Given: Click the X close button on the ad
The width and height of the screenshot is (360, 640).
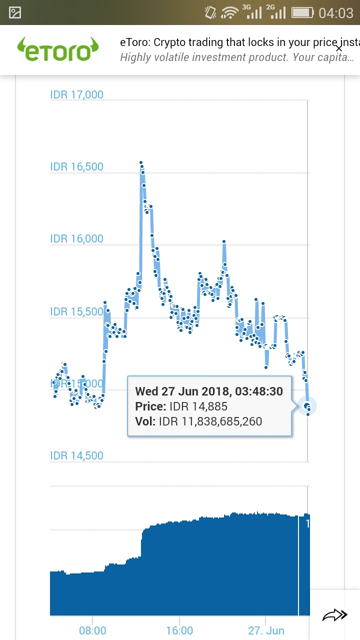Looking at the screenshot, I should click(339, 48).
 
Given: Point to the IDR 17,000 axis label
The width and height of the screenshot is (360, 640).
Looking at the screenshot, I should click(76, 94).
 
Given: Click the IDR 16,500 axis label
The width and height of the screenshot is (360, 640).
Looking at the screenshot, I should click(76, 166).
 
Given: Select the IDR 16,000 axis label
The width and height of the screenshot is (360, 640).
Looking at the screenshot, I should click(76, 238).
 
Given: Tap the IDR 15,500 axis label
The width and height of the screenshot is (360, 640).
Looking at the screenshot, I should click(76, 311).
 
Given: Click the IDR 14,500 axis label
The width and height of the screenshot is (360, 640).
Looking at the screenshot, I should click(76, 455).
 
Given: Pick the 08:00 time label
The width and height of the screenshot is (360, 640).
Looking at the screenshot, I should click(92, 630).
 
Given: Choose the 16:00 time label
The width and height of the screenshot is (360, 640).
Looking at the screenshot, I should click(179, 630).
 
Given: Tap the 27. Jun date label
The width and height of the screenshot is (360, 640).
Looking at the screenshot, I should click(266, 630).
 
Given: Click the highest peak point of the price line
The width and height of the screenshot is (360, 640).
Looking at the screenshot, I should click(141, 163).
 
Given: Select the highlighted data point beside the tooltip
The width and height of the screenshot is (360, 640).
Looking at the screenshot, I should click(307, 405).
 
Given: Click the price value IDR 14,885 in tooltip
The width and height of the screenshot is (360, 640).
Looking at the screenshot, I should click(198, 406).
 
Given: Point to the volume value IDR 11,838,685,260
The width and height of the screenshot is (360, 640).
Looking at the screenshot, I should click(210, 421).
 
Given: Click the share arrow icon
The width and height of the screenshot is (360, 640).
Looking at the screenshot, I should click(334, 615).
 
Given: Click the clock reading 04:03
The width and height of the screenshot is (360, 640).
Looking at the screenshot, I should click(336, 12).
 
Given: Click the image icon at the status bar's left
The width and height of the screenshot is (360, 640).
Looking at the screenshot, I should click(15, 12).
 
